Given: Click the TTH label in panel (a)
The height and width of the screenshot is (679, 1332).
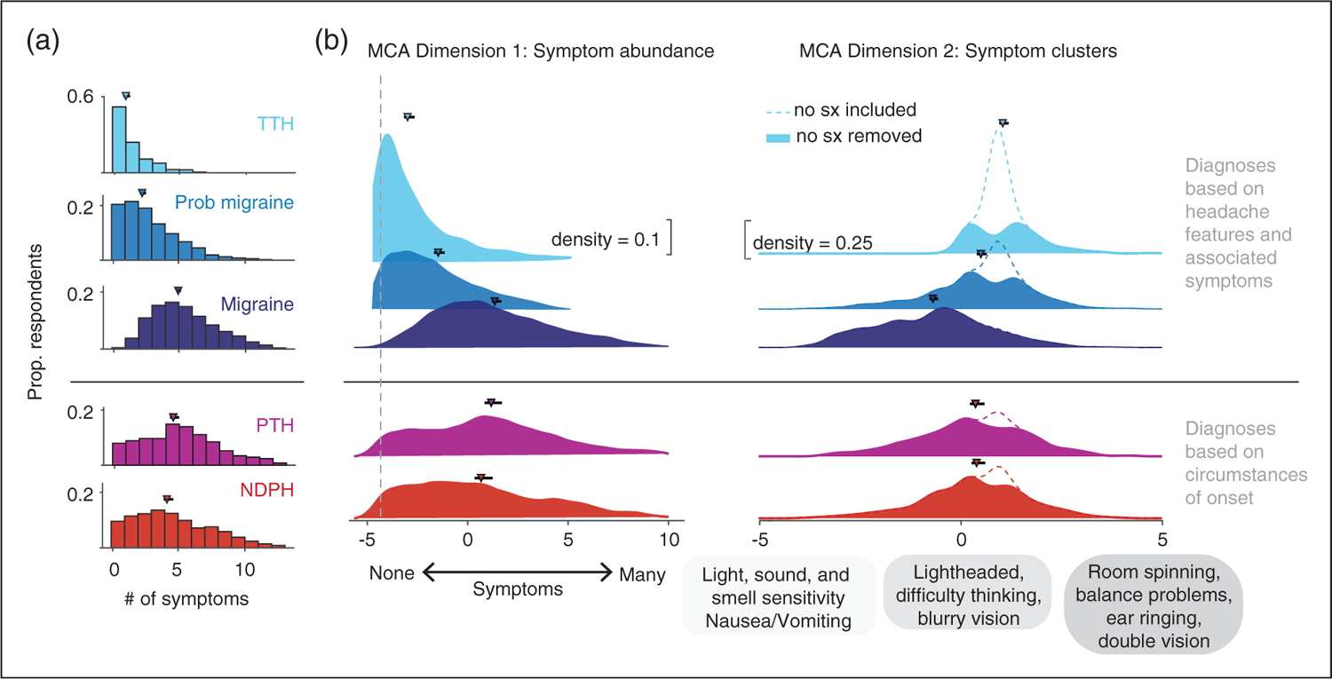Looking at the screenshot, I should [x=277, y=125].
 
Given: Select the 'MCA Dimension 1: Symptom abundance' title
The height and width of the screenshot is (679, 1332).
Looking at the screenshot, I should [x=541, y=51].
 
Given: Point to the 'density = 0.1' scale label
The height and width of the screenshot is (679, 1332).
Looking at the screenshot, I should [x=604, y=240].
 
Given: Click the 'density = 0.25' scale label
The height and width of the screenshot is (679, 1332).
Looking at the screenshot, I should [x=808, y=242].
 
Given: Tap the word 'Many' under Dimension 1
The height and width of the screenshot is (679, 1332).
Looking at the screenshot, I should [x=642, y=574].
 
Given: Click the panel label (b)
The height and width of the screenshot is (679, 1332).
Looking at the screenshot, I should [x=333, y=42].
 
